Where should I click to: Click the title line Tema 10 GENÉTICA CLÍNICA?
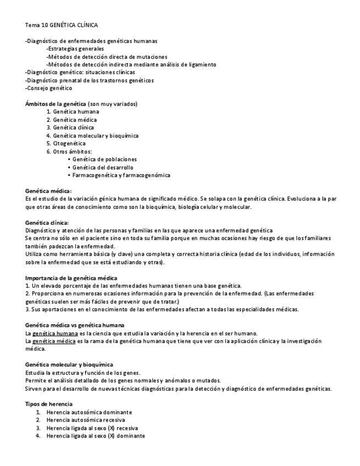click(x=62, y=25)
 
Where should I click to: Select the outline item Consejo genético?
click(x=49, y=88)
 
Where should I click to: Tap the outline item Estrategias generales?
click(x=75, y=49)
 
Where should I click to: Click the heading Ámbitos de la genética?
click(x=56, y=104)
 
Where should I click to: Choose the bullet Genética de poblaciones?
click(x=104, y=159)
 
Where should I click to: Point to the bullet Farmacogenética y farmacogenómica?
click(x=121, y=175)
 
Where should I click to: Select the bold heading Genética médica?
click(x=49, y=191)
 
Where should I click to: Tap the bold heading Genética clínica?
click(x=48, y=223)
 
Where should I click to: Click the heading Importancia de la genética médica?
click(x=71, y=278)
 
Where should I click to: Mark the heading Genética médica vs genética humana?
click(x=75, y=325)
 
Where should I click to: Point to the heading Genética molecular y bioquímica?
click(x=69, y=365)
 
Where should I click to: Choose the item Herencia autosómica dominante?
click(x=89, y=412)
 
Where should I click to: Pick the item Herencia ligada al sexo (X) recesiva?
click(x=92, y=428)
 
